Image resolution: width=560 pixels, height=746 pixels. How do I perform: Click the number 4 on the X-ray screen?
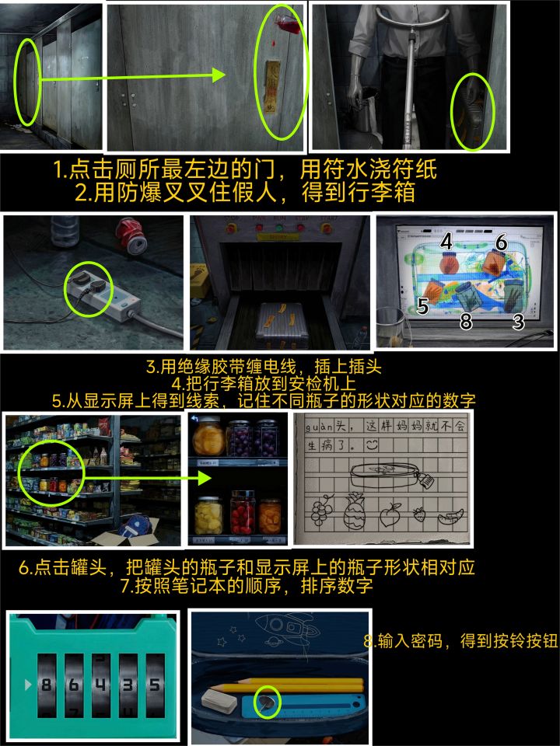click(446, 241)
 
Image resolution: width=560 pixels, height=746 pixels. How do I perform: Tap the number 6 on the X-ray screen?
click(501, 242)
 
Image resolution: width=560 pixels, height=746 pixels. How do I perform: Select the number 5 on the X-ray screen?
click(423, 305)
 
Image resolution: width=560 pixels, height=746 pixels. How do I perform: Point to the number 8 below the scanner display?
click(466, 322)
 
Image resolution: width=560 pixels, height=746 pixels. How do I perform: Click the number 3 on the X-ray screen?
click(518, 322)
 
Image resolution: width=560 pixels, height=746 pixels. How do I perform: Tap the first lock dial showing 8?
click(46, 685)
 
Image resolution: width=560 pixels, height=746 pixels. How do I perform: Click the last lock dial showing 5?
click(154, 685)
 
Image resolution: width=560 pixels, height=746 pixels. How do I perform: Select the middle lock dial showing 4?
click(100, 685)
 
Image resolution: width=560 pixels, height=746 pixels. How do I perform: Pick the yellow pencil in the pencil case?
click(285, 686)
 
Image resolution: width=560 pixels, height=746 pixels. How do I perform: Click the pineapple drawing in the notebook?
click(353, 511)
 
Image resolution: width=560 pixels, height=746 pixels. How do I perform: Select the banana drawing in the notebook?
click(451, 516)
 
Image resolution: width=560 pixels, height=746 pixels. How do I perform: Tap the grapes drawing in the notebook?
click(322, 510)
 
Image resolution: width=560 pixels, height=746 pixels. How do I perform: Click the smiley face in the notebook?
click(372, 445)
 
